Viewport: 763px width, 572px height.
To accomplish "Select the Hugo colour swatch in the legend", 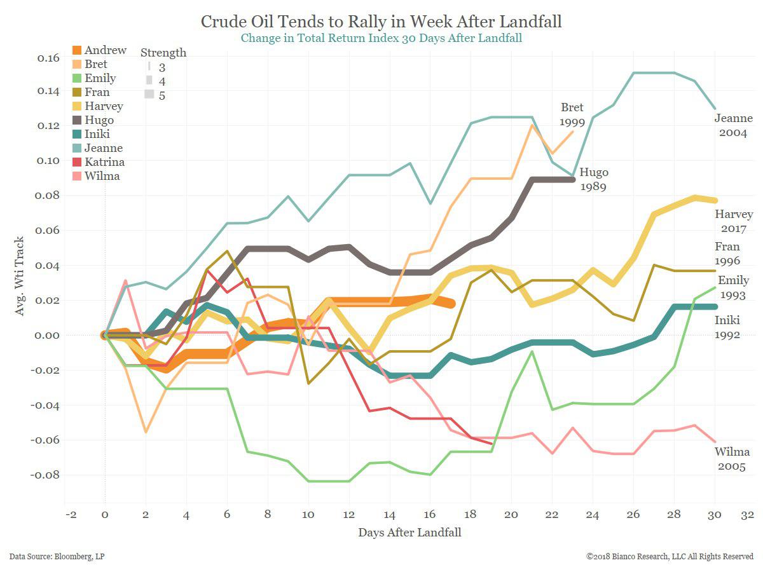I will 76,120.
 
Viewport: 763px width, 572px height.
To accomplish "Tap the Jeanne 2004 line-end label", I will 732,126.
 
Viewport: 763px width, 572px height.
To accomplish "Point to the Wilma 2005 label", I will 732,458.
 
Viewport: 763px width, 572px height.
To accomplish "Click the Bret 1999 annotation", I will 571,114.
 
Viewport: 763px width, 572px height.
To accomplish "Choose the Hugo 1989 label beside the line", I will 593,180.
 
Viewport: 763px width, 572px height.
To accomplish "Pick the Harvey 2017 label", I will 733,221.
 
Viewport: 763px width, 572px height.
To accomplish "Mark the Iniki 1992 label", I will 726,327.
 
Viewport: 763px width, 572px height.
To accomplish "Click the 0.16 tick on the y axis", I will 48,58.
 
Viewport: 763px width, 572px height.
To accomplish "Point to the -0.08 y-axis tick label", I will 46,475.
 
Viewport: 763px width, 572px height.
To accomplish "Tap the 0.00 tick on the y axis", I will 48,336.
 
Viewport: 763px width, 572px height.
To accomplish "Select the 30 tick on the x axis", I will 715,514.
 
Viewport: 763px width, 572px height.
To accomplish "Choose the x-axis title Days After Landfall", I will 409,533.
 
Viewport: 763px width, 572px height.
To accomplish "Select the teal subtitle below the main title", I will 381,38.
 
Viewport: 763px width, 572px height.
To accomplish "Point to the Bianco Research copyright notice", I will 670,557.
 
